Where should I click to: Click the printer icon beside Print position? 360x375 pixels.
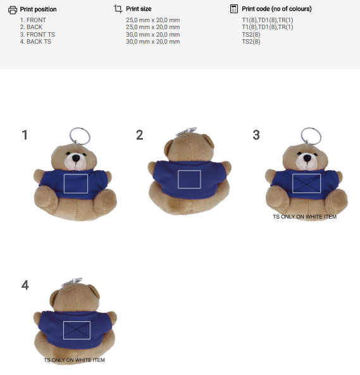tap(13, 10)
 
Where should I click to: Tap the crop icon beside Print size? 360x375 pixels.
tap(118, 9)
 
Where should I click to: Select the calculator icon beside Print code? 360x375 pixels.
tap(233, 9)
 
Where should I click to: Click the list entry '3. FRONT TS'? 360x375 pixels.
tap(37, 35)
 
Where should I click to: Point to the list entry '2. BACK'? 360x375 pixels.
tap(31, 27)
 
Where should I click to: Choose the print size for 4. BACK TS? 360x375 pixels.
tap(153, 42)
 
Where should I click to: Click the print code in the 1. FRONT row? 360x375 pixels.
tap(268, 20)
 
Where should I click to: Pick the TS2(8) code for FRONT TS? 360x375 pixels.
tap(251, 35)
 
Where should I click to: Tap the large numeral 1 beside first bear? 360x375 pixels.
tap(25, 135)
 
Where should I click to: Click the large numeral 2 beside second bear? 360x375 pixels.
tap(139, 135)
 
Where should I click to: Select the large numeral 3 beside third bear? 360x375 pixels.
tap(256, 135)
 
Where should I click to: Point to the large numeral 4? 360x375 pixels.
tap(25, 285)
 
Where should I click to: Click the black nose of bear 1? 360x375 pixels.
tap(76, 158)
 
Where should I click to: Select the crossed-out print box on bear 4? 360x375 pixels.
tap(77, 330)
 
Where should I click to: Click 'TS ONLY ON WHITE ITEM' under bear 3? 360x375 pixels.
tap(304, 217)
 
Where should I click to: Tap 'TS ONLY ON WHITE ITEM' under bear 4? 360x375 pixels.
tap(75, 360)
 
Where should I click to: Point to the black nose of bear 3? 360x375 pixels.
tap(307, 158)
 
